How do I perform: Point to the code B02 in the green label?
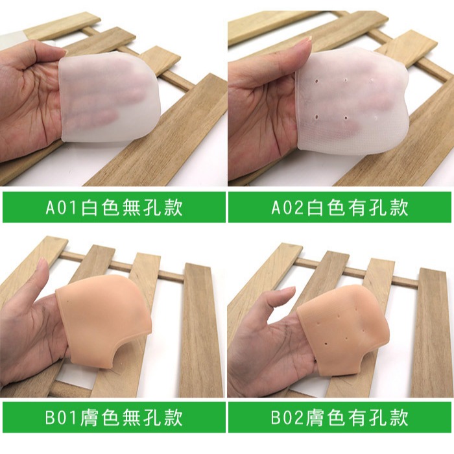(289, 418)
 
